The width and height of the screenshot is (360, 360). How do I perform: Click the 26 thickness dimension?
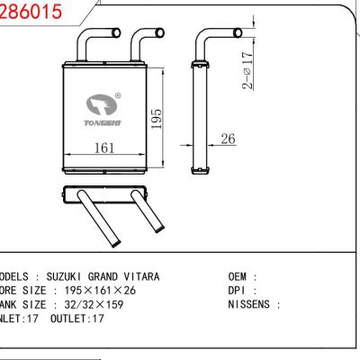click(228, 139)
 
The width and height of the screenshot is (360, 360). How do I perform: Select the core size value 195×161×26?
click(93, 291)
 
